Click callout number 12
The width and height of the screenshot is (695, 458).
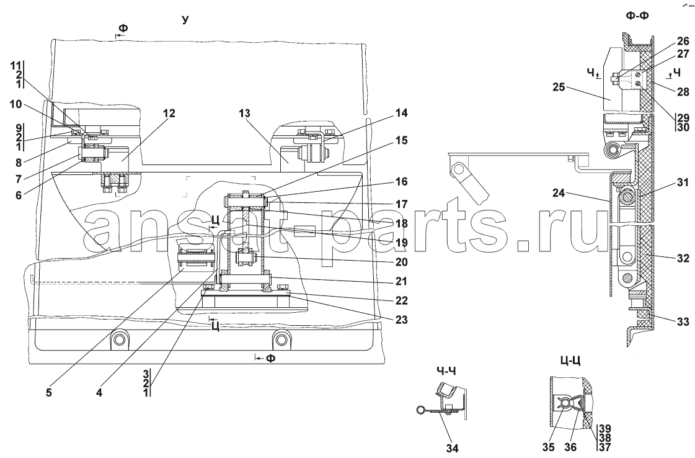[169, 114]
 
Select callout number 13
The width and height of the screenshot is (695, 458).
[244, 114]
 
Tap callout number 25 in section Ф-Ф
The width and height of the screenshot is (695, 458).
[559, 87]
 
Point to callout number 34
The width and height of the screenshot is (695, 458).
[452, 449]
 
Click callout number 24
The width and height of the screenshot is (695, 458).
[559, 194]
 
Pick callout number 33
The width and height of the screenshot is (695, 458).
[683, 322]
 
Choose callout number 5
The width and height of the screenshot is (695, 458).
[48, 393]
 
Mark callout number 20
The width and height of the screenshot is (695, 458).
[401, 262]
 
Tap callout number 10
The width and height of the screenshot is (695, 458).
[15, 104]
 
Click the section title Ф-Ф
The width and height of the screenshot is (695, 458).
[637, 16]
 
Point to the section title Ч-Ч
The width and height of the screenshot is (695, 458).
[447, 370]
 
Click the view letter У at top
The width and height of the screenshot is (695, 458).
[185, 19]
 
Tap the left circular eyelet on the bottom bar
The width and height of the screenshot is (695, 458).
[118, 340]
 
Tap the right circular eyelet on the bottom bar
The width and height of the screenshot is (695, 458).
[280, 340]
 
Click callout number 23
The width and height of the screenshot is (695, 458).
[401, 320]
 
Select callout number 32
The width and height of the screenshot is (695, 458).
[683, 258]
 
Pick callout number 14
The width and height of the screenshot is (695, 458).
[401, 113]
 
